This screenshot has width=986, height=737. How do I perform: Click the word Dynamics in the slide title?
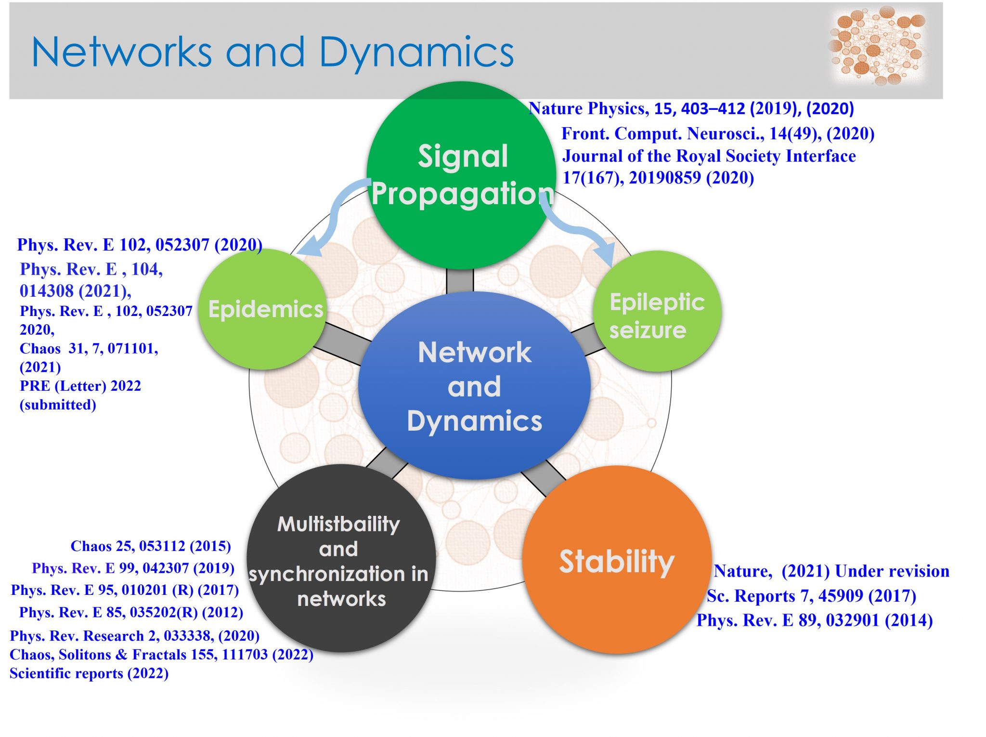click(x=416, y=53)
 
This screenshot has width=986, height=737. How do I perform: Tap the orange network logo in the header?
click(x=878, y=46)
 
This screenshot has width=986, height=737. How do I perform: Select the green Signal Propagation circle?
click(x=461, y=175)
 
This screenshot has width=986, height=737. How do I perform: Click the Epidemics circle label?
click(x=265, y=309)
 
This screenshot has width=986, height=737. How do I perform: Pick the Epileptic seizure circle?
click(x=657, y=311)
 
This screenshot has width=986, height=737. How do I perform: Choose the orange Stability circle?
click(x=617, y=560)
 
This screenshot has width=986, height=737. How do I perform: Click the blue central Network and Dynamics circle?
click(x=474, y=385)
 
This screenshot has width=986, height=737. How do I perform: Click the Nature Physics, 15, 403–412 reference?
click(x=691, y=108)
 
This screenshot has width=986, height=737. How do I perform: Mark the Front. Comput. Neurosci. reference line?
click(x=718, y=133)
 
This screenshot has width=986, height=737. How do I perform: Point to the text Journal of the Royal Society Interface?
click(x=709, y=156)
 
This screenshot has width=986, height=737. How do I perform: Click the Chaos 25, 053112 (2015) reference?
click(x=151, y=546)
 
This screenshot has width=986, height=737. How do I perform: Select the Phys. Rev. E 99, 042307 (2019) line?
click(x=133, y=568)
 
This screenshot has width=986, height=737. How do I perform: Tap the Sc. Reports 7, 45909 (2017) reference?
click(x=811, y=596)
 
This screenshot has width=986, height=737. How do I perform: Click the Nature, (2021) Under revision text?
click(x=831, y=571)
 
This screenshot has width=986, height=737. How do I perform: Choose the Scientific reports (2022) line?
click(x=89, y=673)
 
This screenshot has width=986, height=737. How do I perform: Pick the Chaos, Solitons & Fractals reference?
click(x=161, y=654)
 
